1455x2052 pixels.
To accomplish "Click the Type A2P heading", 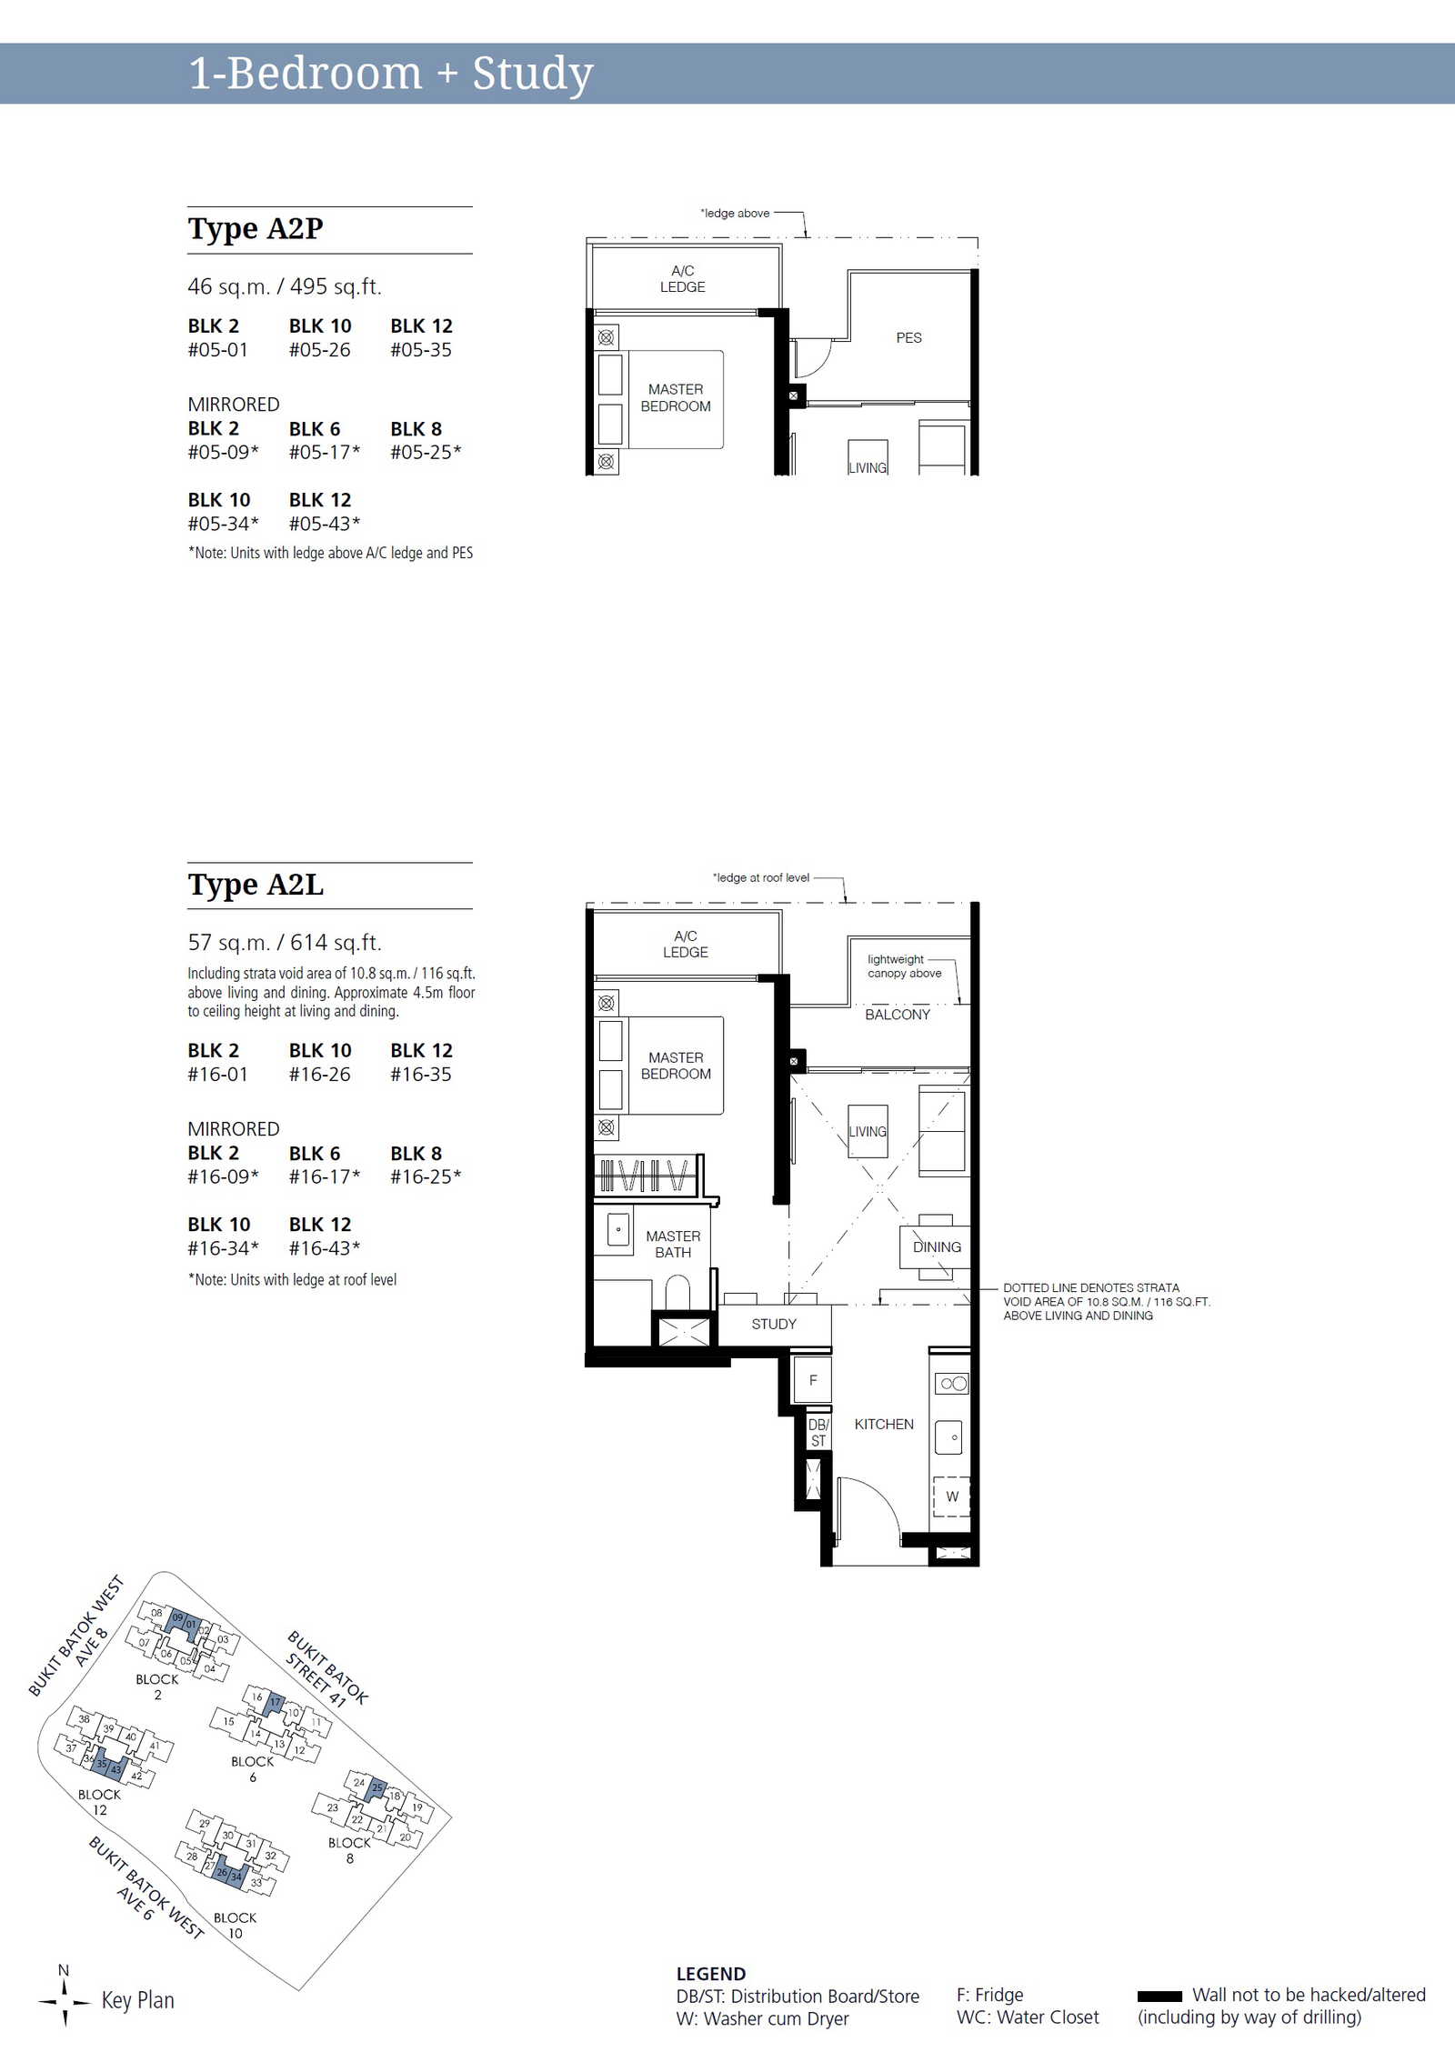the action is pos(256,228).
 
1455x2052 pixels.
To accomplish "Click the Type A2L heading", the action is pos(256,885).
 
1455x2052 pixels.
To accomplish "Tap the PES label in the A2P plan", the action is pos(908,337).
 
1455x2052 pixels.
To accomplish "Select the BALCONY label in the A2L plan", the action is pos(898,1015).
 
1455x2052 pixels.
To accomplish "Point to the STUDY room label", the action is pos(774,1324).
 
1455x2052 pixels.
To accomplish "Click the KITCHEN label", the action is pos(884,1424).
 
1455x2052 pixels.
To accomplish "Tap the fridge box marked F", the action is pos(813,1380).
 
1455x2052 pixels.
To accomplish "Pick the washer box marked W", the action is pos(952,1496).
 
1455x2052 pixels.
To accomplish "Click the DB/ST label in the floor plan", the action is pos(818,1433).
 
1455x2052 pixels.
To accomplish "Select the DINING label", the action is pos(937,1246).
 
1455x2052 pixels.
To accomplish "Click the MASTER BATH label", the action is pos(673,1244).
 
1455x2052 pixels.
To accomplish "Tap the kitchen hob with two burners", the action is pos(953,1383).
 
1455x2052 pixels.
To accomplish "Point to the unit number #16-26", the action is pos(319,1074).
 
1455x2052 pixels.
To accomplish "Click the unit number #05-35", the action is pos(421,349).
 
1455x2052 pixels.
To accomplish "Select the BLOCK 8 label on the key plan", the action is pos(350,1850).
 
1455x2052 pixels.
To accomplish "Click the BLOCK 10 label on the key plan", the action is pos(236,1925).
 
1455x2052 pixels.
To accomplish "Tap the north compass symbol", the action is pos(65,2001).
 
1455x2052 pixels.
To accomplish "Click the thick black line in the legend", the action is pos(1159,1996).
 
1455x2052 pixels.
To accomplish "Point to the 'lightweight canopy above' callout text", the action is pos(904,966).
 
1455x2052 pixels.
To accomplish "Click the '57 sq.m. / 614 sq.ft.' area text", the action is pos(285,943).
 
